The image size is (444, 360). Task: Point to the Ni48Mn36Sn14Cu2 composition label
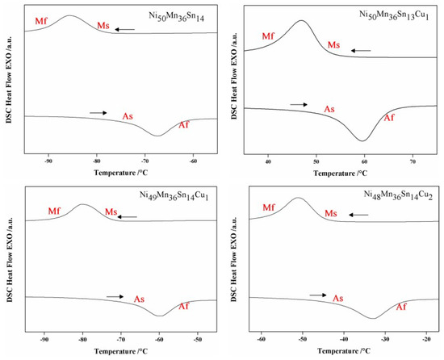coord(396,196)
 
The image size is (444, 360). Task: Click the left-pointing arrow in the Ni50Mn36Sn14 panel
coord(124,29)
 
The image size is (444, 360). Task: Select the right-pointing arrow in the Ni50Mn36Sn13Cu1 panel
coord(299,104)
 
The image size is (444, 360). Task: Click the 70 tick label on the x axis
coord(413,161)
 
